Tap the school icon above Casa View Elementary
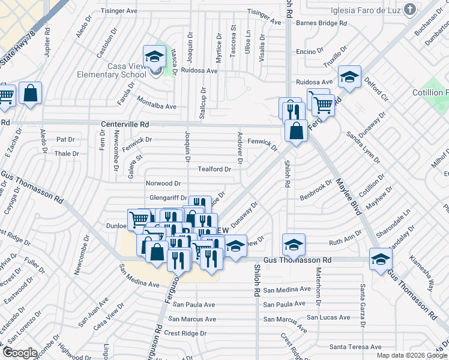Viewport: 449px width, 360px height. pos(154,57)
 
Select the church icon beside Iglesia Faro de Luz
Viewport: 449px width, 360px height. pos(409,9)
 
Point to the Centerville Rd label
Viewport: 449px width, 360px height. pos(124,124)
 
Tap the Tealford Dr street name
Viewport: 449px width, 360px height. pos(214,169)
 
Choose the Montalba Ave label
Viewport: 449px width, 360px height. pos(157,106)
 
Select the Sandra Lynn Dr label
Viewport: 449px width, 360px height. pos(363,148)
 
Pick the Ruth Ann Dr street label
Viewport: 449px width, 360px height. pos(344,243)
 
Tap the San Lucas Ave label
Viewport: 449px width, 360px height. pos(328,317)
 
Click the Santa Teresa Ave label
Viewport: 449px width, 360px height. pos(355,347)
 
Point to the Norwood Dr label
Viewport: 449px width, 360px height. pos(163,183)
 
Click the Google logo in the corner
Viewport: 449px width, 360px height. pos(20,353)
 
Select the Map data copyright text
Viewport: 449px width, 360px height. pos(412,355)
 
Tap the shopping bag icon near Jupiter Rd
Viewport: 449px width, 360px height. pos(30,94)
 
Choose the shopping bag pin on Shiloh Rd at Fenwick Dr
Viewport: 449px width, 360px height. pos(296,131)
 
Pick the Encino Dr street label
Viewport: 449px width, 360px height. pos(306,52)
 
